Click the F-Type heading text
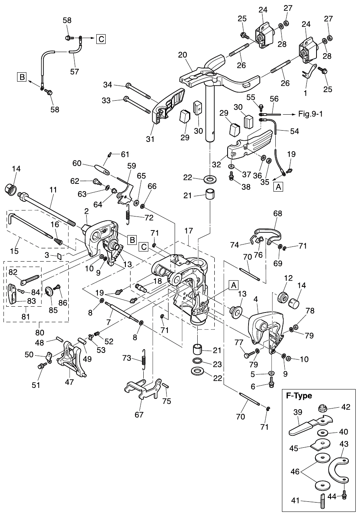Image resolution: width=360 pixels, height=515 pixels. pos(299,396)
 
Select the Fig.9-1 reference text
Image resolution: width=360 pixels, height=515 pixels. pos(311,114)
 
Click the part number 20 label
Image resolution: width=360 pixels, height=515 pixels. pos(183,55)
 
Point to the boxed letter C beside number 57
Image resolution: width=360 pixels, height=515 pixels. pos(101,39)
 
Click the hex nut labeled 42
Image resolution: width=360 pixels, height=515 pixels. pos(322,409)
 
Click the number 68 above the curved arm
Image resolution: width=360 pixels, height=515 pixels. pos(278,213)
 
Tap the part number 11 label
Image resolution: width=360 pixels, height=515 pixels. pos(53,190)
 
